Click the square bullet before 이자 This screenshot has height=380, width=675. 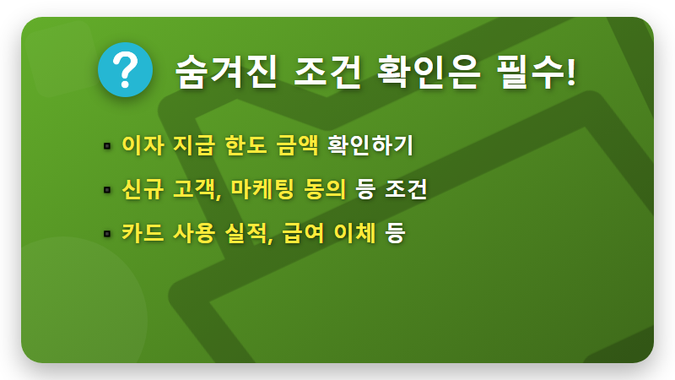[x=107, y=146]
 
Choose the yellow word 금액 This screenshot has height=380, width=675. [x=297, y=145]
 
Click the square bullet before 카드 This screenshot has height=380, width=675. [x=107, y=232]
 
